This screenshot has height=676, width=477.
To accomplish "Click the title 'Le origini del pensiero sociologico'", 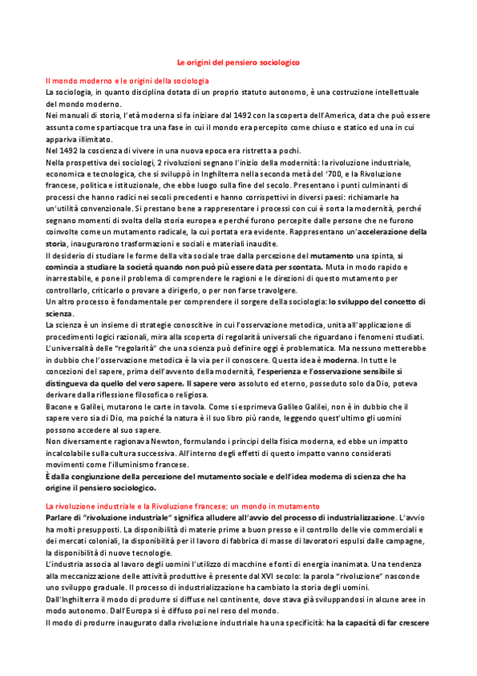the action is (238, 61).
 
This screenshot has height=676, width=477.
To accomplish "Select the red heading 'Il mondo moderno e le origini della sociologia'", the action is (127, 81).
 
